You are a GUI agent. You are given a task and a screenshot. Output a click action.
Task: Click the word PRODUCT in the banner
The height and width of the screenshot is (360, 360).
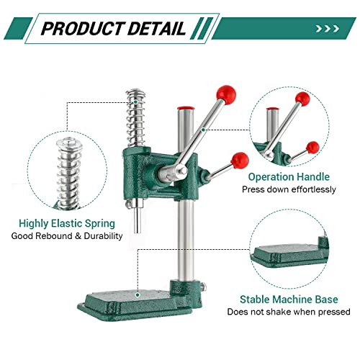(x=82, y=28)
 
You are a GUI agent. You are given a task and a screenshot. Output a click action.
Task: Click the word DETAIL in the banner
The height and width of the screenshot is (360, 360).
(x=156, y=28)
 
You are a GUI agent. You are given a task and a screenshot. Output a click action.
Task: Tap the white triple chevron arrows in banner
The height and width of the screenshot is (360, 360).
(x=328, y=29)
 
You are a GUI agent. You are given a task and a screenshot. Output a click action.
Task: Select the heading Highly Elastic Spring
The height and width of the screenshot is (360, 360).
(x=67, y=224)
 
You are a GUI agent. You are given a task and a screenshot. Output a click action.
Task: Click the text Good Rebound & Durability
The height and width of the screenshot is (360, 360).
(x=67, y=236)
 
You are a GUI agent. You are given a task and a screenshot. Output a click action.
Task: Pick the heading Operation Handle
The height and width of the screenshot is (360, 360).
(x=289, y=177)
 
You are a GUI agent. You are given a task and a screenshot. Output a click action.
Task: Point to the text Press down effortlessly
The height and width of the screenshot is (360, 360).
(x=289, y=189)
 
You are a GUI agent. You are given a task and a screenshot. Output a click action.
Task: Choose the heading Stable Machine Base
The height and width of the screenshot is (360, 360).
(x=289, y=300)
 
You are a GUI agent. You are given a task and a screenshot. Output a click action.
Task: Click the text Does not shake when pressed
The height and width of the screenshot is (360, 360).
(x=289, y=312)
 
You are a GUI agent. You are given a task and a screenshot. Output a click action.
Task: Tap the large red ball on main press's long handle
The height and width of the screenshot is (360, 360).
(x=226, y=95)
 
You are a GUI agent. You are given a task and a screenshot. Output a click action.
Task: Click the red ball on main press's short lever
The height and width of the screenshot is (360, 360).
(x=240, y=161)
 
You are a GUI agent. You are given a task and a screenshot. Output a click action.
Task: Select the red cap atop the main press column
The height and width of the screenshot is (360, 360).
(x=186, y=107)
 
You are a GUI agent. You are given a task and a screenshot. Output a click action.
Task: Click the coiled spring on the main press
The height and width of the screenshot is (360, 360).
(x=136, y=117)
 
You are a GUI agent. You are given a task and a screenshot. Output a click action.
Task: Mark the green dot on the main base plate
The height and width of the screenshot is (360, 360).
(x=138, y=294)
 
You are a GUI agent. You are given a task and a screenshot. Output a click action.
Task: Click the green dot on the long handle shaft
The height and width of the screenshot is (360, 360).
(x=203, y=130)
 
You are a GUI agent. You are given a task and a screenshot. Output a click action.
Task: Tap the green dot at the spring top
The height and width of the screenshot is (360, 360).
(x=135, y=102)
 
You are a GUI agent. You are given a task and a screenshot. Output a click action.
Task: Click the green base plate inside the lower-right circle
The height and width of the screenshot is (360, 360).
(x=289, y=256)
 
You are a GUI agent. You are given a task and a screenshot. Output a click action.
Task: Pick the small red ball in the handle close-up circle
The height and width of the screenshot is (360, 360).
(x=312, y=148)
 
